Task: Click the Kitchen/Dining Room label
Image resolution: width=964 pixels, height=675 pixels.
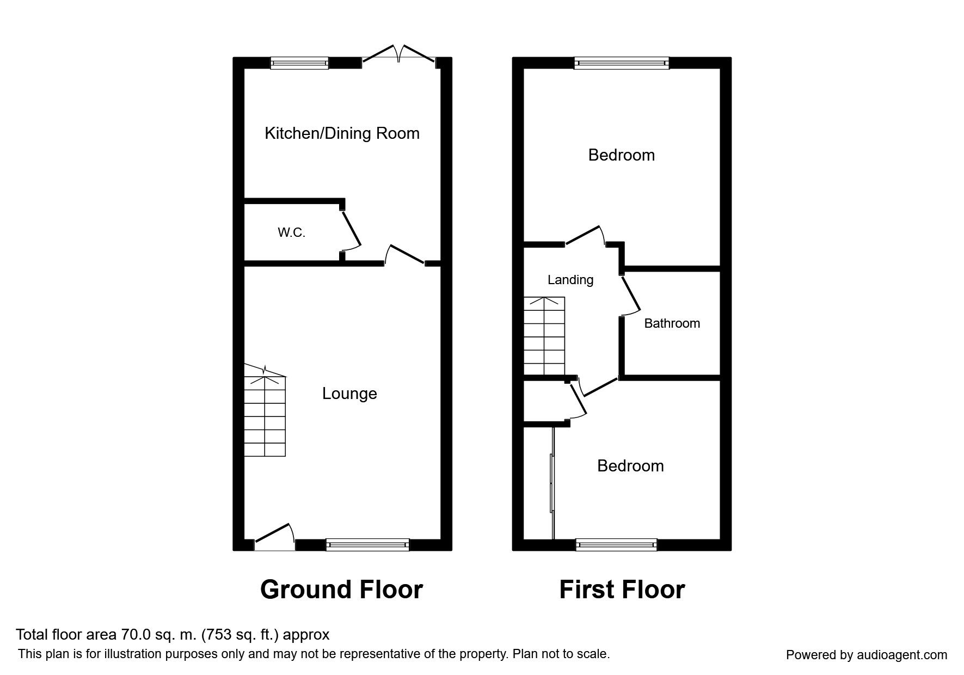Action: [342, 133]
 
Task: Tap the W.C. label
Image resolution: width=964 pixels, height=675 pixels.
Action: [291, 233]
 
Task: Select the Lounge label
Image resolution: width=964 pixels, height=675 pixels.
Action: [349, 394]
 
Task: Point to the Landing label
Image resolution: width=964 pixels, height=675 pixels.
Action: [570, 280]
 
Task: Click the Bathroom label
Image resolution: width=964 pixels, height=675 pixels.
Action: [672, 323]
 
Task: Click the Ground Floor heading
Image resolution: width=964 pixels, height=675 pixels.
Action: [341, 590]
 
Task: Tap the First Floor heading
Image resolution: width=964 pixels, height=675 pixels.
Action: [622, 590]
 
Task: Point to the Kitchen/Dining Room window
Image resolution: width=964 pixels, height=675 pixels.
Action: [300, 63]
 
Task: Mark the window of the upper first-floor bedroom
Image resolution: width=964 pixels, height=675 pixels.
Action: [622, 63]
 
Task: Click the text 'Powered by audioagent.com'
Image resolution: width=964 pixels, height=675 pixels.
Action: [867, 655]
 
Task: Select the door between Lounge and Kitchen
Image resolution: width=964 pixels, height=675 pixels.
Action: [404, 256]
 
